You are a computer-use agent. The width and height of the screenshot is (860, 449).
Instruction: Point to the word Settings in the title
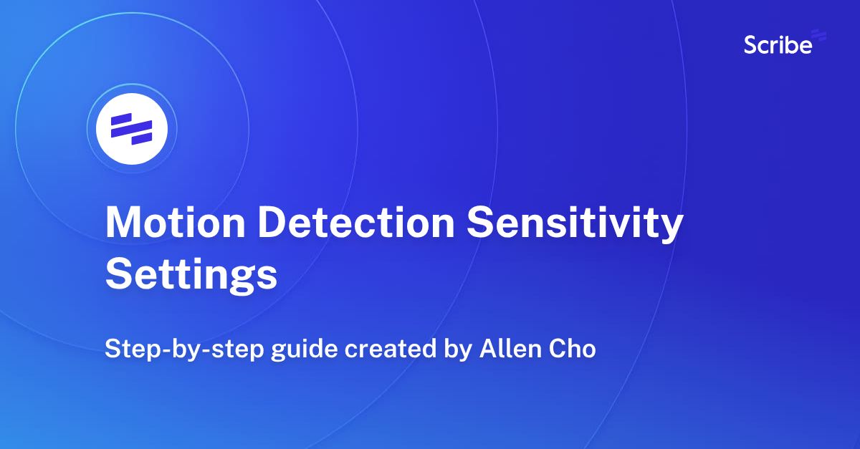[x=191, y=276]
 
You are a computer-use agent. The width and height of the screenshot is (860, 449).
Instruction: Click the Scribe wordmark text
[x=778, y=45]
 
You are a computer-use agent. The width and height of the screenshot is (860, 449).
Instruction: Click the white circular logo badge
[x=132, y=129]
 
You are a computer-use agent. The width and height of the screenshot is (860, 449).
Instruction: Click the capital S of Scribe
[x=751, y=45]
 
